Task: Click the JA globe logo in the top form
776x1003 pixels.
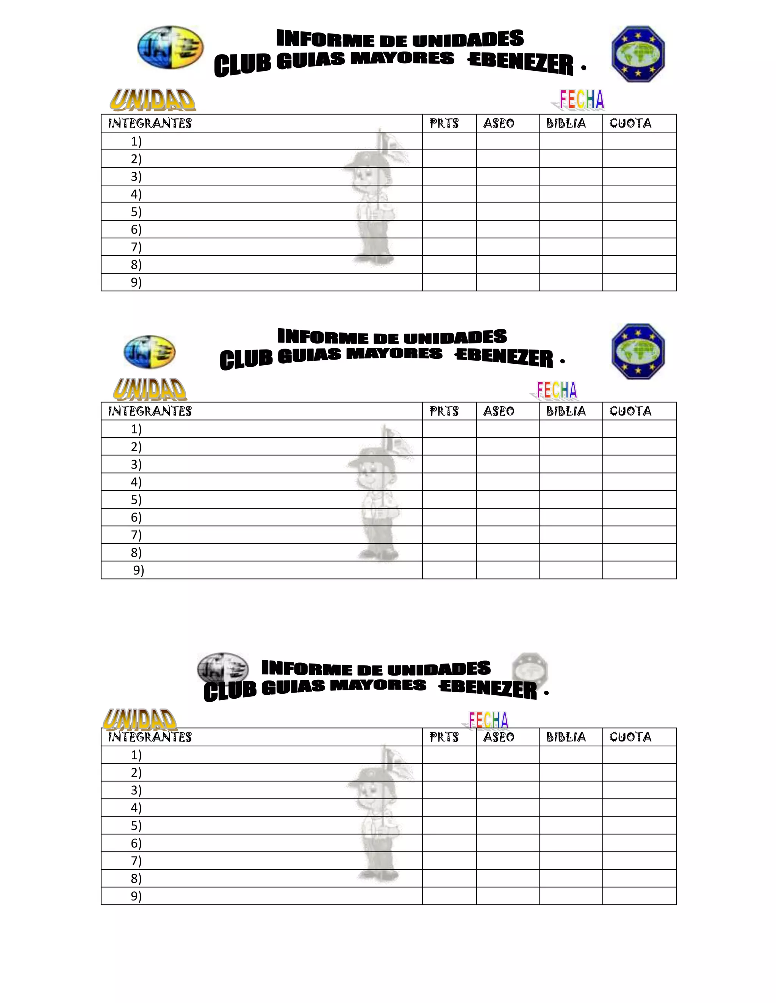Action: click(170, 48)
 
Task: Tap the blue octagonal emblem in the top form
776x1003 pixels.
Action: click(638, 54)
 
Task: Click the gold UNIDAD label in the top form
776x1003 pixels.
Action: click(153, 100)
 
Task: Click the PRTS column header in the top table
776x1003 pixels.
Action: click(444, 123)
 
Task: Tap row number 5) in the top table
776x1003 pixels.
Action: click(136, 212)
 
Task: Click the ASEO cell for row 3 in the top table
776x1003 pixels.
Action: click(507, 176)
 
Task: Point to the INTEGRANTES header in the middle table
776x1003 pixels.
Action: click(150, 411)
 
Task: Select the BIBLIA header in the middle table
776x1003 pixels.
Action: click(566, 411)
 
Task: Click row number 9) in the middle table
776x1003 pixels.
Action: click(138, 570)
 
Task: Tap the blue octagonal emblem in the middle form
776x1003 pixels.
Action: click(638, 351)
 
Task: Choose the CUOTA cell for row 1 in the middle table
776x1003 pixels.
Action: click(639, 429)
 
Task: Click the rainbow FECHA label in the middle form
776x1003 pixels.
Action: click(556, 390)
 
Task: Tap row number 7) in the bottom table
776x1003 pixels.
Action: click(136, 861)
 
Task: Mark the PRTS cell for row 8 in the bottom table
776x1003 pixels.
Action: click(449, 878)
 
